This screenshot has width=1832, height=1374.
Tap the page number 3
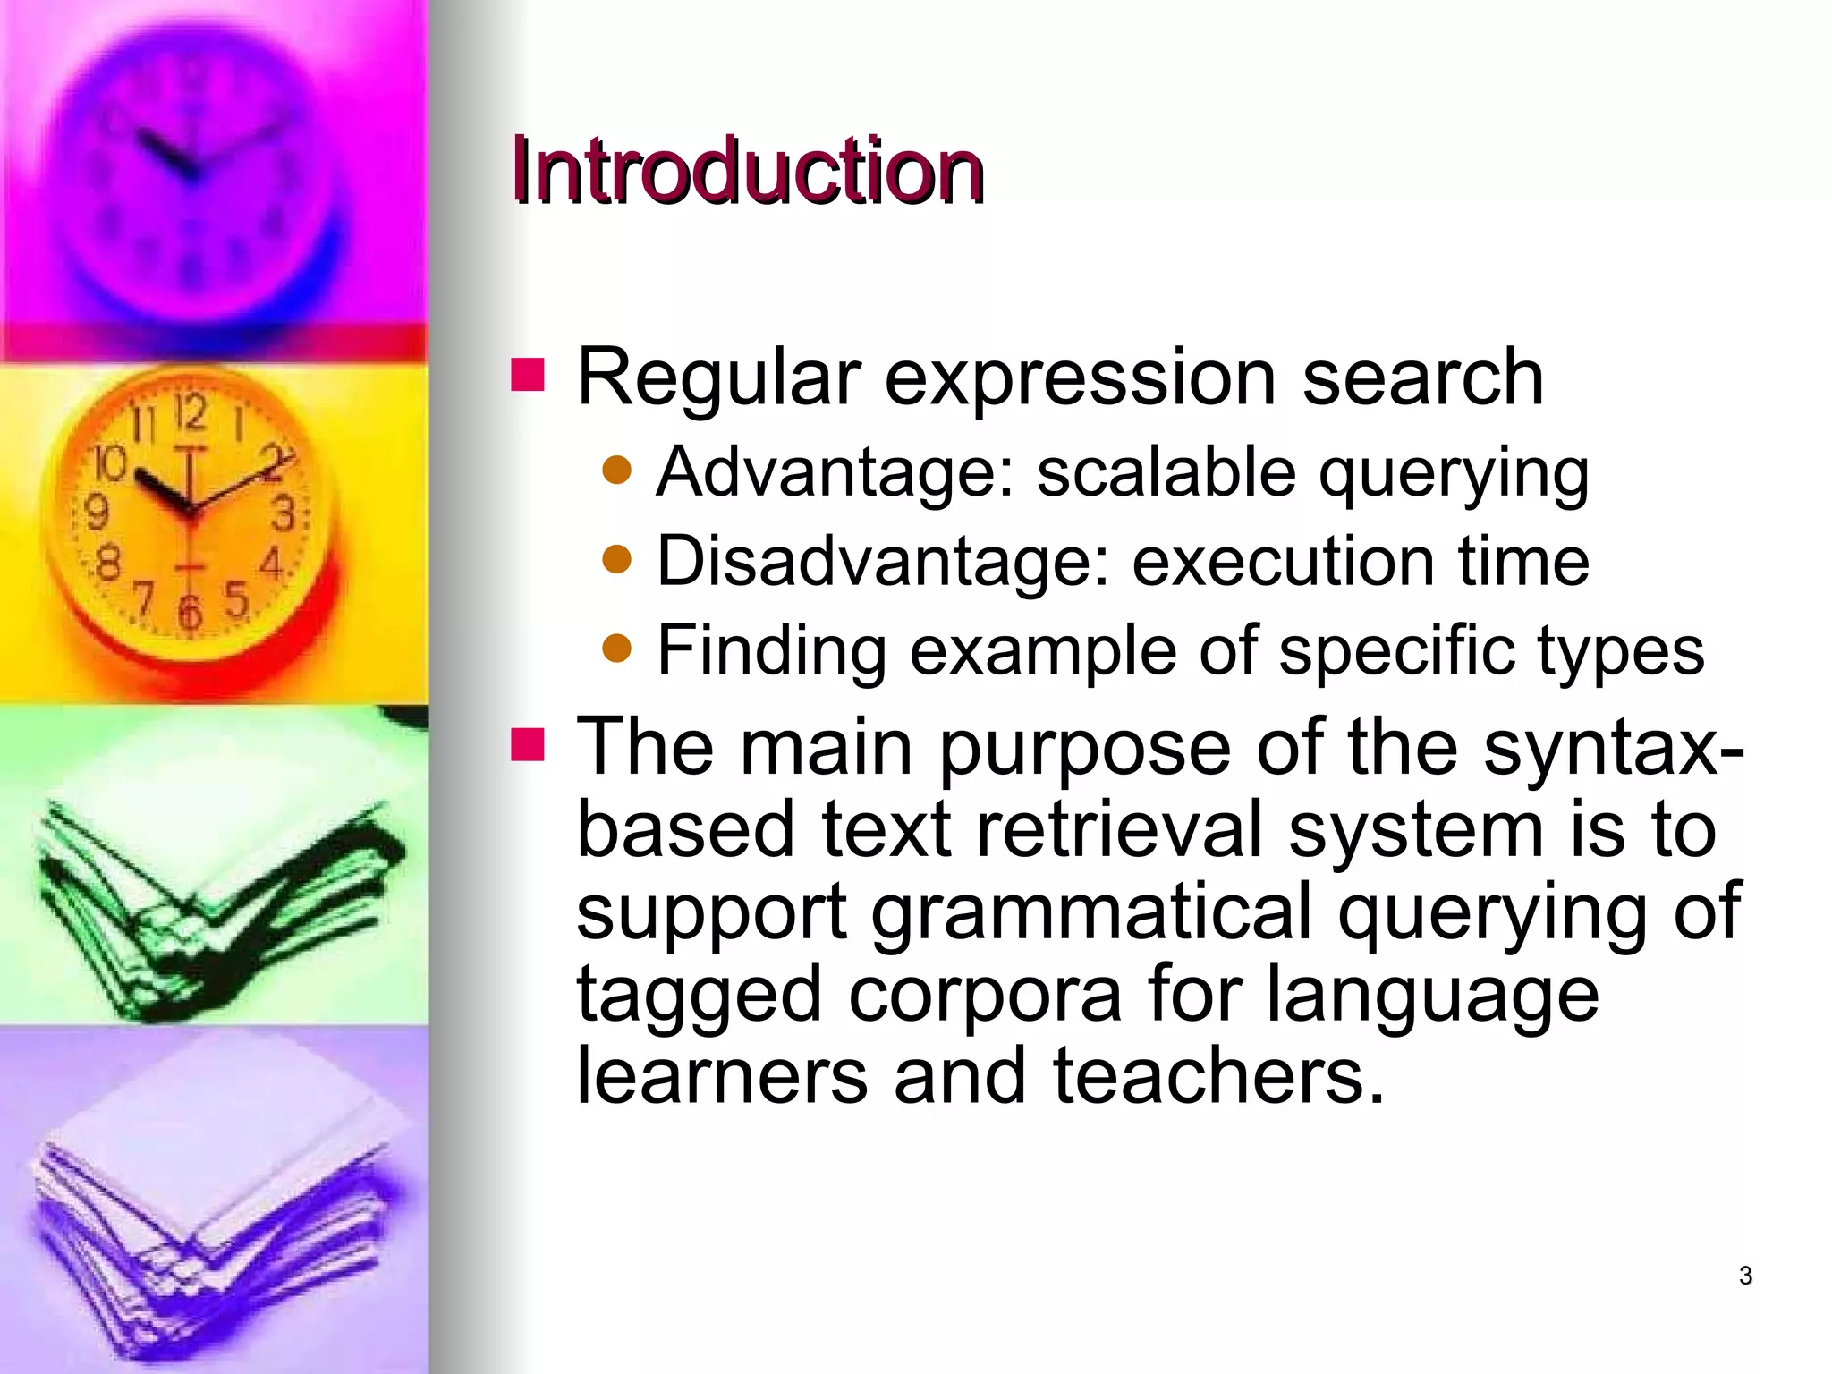(x=1745, y=1276)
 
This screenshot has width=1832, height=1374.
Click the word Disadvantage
(x=881, y=562)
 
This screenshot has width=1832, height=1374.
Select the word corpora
(x=985, y=994)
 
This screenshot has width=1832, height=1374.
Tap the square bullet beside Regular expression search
(x=528, y=376)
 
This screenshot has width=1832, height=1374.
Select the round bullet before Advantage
(x=617, y=471)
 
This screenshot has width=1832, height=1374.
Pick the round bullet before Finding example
(x=617, y=648)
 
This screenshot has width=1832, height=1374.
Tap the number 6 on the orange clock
(x=190, y=613)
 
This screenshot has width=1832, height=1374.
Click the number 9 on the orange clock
(x=96, y=513)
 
